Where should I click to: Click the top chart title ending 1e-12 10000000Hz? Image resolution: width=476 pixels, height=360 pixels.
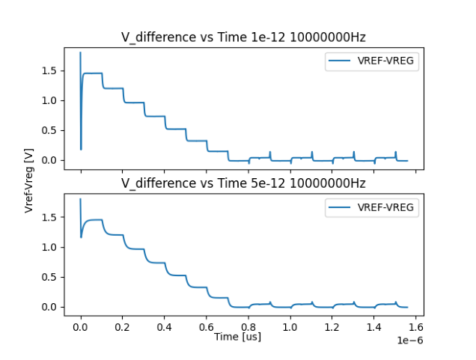coord(243,37)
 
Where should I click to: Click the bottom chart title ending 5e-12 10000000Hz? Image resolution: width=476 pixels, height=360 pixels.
coord(243,183)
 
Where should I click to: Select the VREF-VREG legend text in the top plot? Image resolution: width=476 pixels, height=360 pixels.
coord(385,61)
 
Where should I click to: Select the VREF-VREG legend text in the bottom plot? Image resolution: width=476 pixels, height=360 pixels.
coord(385,207)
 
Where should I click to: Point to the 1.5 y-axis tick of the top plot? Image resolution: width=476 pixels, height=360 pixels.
coord(49,70)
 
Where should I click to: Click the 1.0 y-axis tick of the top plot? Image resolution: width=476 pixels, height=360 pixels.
coord(49,100)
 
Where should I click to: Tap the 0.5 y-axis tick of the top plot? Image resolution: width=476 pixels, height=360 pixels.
coord(49,130)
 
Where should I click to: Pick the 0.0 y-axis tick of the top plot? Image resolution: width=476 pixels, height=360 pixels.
coord(49,160)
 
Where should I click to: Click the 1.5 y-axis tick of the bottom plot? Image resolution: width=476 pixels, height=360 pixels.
coord(49,217)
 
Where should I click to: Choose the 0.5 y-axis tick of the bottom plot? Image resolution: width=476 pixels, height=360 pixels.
coord(49,277)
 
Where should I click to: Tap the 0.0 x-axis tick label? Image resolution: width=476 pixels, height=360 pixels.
coord(80,327)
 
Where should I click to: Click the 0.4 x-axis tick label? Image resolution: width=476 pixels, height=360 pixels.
coord(164,327)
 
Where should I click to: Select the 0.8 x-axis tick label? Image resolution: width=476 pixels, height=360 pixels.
coord(248,327)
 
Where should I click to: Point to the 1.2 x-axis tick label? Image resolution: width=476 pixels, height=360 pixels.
coord(332,327)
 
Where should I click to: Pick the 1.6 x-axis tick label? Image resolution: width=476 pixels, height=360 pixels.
coord(416,327)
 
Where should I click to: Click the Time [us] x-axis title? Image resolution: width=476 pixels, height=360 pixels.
coord(237,337)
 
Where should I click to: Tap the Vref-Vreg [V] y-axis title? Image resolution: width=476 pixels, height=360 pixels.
coord(29,180)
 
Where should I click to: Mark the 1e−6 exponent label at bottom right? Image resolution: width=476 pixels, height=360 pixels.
coord(410,341)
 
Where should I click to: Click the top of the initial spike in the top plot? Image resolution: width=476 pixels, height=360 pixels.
coord(80,52)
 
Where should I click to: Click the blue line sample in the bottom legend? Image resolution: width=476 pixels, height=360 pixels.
coord(339,207)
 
